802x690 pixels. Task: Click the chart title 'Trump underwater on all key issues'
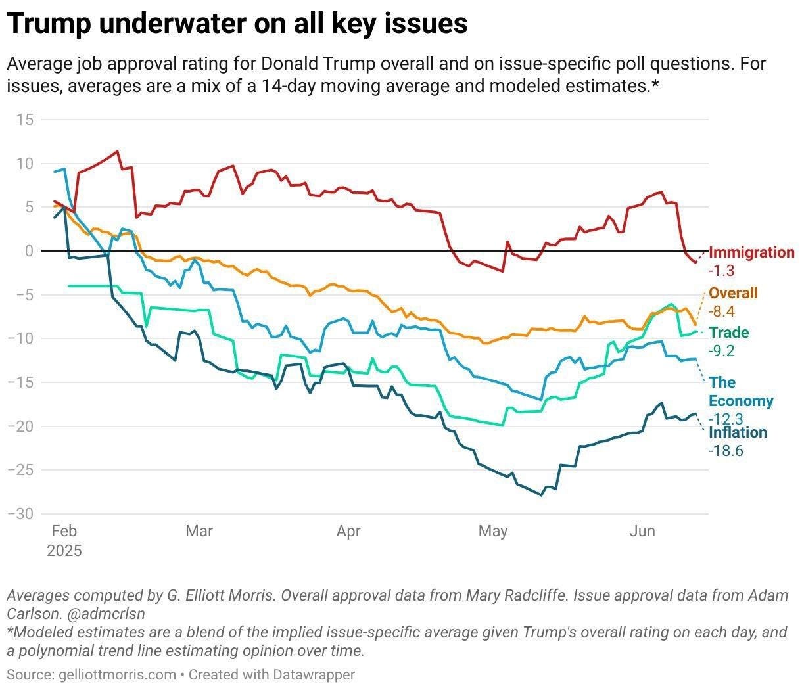[237, 24]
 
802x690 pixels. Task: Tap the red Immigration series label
[751, 252]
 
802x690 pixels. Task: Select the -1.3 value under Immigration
[721, 270]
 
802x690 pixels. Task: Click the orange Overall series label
[733, 293]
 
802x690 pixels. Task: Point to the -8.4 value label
[721, 311]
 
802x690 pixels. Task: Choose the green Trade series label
[728, 333]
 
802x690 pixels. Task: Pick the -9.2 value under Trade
[721, 351]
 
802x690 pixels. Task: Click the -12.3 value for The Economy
[725, 419]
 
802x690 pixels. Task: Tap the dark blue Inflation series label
[738, 432]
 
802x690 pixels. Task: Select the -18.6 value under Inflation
[725, 451]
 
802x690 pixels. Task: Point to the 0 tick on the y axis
[29, 251]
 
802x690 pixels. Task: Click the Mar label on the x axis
[199, 531]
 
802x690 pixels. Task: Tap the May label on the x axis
[493, 531]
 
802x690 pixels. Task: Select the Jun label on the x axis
[642, 531]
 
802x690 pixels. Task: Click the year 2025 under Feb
[64, 551]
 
